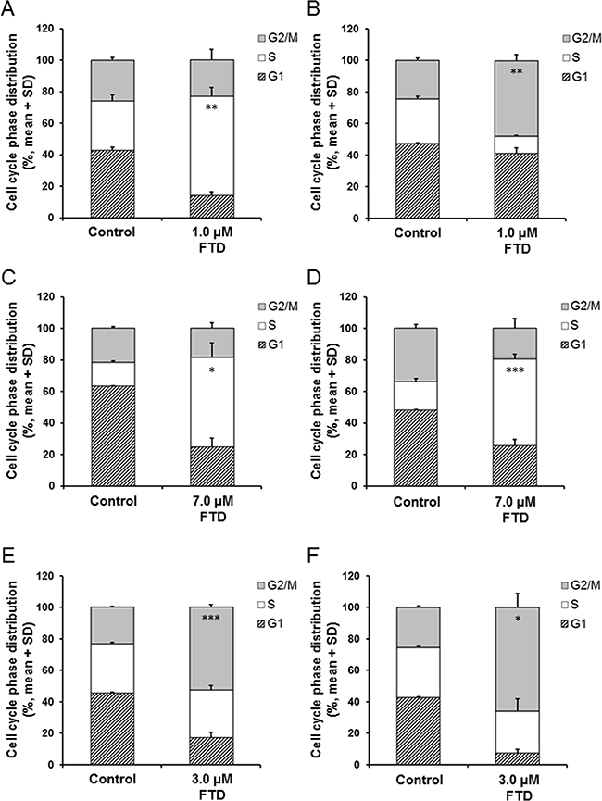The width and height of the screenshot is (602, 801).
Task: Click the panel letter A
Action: pos(7,8)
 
